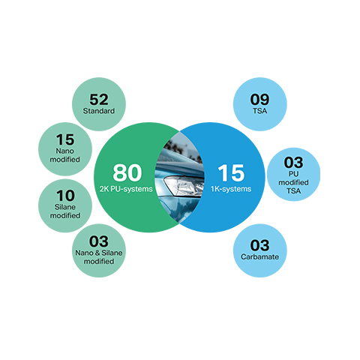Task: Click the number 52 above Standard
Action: [99, 100]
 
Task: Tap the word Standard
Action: [99, 111]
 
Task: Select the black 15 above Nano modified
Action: [65, 139]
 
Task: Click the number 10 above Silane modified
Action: [65, 196]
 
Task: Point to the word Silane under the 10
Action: [65, 207]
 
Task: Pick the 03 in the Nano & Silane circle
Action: [99, 241]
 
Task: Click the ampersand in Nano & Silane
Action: [97, 253]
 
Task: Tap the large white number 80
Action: [127, 172]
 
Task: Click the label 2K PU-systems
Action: [126, 189]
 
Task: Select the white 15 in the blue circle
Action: [231, 173]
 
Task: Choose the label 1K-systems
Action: [231, 189]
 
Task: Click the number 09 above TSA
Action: [259, 100]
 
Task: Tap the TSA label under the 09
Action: [259, 111]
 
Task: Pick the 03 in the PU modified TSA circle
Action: [293, 163]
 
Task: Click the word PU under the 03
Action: [293, 174]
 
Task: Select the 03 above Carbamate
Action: [259, 245]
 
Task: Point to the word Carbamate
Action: [259, 256]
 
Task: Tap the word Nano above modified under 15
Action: [65, 151]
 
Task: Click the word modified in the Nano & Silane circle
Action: [99, 262]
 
